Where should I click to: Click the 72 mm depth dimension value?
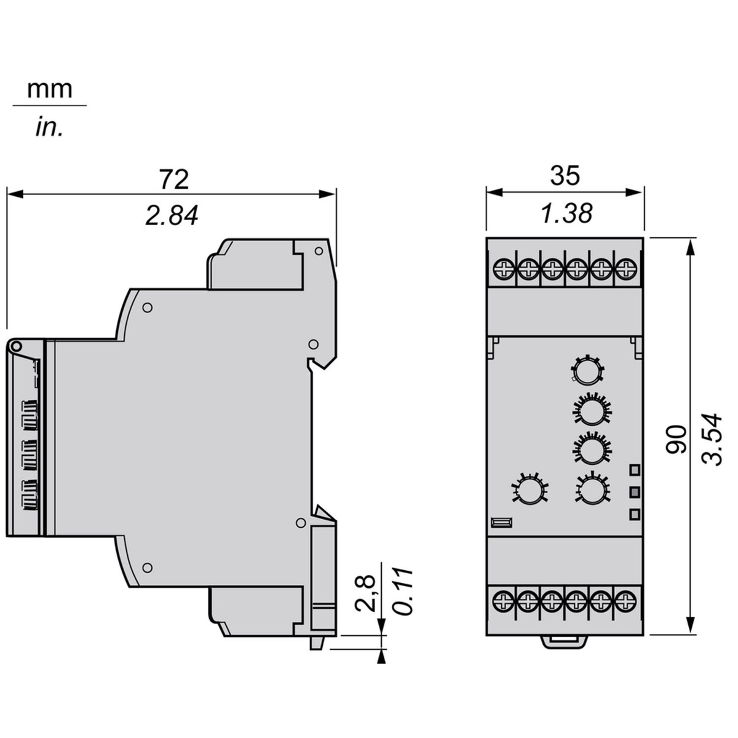point(175,179)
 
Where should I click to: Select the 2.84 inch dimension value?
point(172,216)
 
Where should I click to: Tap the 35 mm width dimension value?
point(565,176)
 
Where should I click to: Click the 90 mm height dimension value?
point(676,439)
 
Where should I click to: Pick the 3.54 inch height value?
point(712,439)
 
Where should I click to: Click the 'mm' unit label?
point(50,90)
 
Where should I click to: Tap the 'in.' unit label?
point(49,127)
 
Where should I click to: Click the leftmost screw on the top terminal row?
point(503,269)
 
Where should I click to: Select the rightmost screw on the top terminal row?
point(625,269)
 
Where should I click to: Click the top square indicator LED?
point(635,469)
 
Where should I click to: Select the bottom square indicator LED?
point(635,514)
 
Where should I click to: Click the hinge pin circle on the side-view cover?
point(16,347)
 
